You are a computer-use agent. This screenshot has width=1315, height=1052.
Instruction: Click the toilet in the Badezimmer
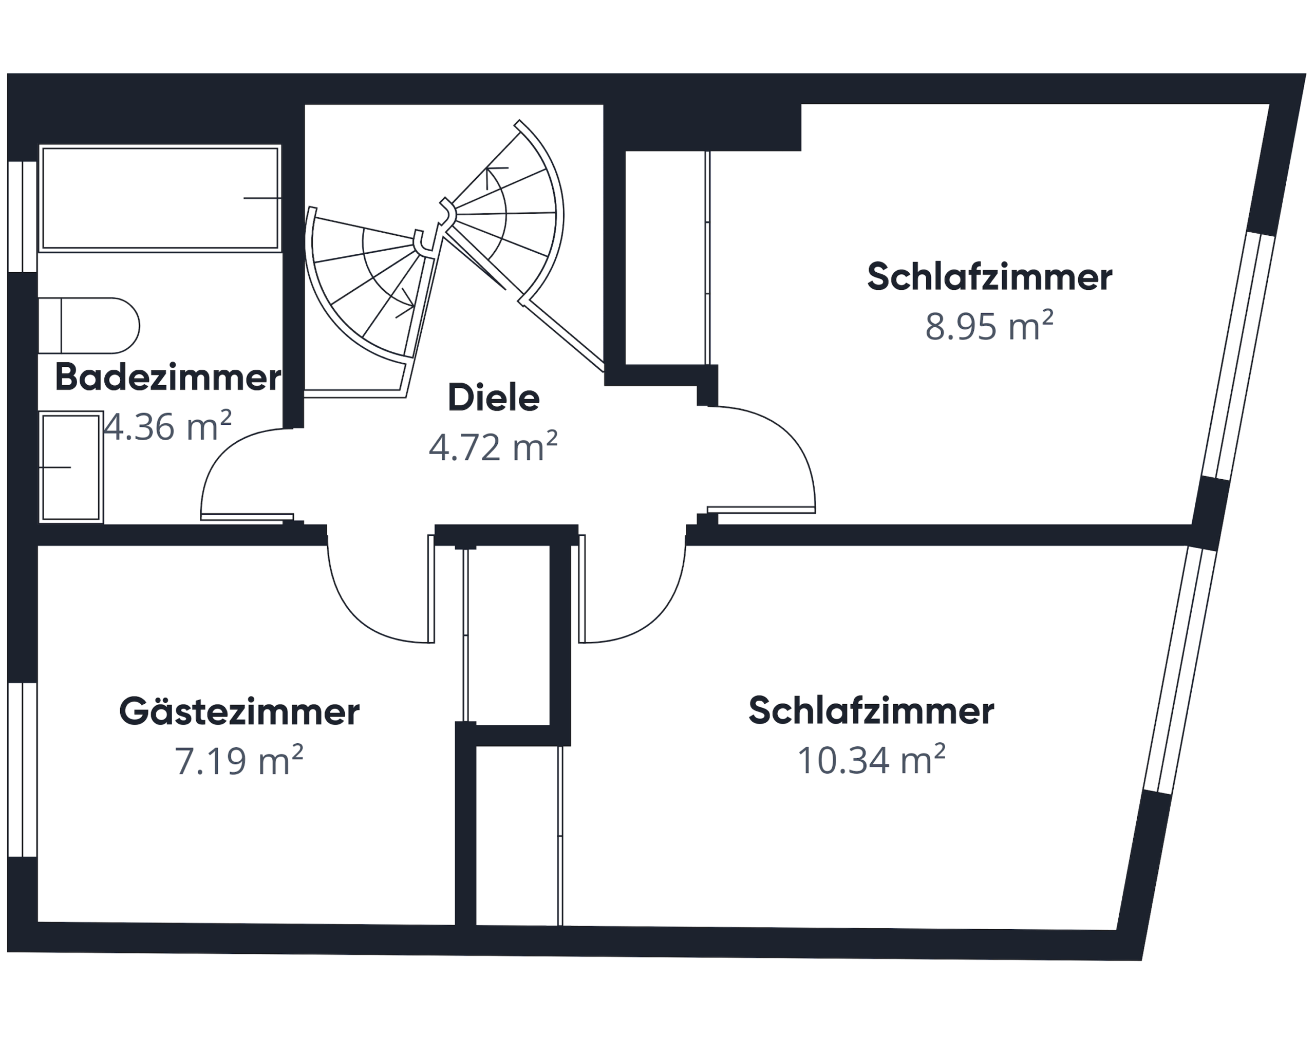[x=89, y=326]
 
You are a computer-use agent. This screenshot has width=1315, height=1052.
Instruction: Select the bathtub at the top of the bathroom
[x=160, y=198]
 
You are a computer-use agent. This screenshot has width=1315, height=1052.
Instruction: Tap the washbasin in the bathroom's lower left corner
[x=71, y=467]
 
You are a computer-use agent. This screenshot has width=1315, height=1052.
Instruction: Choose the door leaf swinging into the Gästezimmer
[x=431, y=589]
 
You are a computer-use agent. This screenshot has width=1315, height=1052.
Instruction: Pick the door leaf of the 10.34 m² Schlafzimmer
[x=582, y=589]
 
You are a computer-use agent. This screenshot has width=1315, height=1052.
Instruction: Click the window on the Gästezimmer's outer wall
[x=23, y=769]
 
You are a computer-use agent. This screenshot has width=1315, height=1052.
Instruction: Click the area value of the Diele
[x=493, y=447]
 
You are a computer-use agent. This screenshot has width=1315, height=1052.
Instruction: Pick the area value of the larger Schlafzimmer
[x=871, y=760]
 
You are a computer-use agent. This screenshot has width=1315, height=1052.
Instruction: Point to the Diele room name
[x=494, y=398]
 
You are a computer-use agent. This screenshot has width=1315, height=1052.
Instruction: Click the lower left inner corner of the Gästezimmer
[x=38, y=922]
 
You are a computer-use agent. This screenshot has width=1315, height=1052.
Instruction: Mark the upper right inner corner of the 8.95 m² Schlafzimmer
[x=1270, y=104]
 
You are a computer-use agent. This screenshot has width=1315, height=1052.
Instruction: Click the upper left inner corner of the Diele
[x=305, y=105]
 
